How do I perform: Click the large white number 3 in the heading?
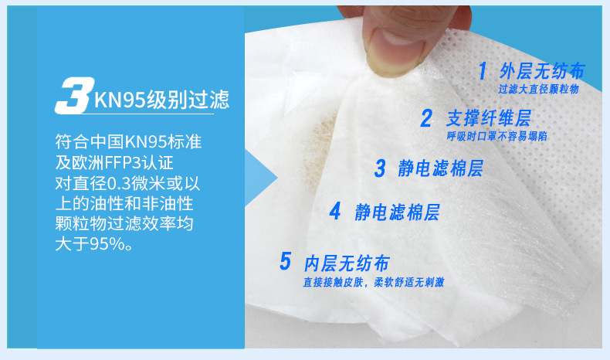[x=74, y=95]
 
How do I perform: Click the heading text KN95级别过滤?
[x=161, y=100]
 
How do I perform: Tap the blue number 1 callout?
[x=483, y=71]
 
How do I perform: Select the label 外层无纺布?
[x=542, y=71]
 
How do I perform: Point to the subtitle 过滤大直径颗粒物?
[x=539, y=89]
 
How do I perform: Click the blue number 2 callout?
[x=426, y=118]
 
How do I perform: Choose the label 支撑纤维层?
[x=489, y=118]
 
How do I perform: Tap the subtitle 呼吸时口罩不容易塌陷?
[x=496, y=136]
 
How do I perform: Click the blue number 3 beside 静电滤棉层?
[x=380, y=168]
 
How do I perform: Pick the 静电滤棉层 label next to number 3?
[x=440, y=168]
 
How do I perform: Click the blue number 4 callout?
[x=335, y=212]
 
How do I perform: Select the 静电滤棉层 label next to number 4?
[x=397, y=212]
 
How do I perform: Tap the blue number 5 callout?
[x=285, y=261]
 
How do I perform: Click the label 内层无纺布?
[x=347, y=263]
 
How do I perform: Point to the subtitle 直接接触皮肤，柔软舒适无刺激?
[x=374, y=282]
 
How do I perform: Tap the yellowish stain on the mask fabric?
[x=319, y=151]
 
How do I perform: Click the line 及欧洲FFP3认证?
[x=114, y=162]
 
